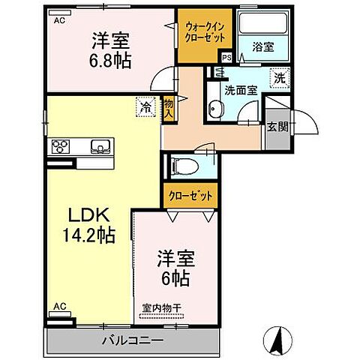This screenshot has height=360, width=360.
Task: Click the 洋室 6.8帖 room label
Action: (x=112, y=49)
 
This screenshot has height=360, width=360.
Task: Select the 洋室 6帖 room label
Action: (x=175, y=268)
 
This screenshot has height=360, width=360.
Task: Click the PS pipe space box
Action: (x=226, y=56)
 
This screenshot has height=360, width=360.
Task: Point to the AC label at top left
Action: (x=58, y=21)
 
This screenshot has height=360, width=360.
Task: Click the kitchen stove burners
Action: (x=60, y=145)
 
